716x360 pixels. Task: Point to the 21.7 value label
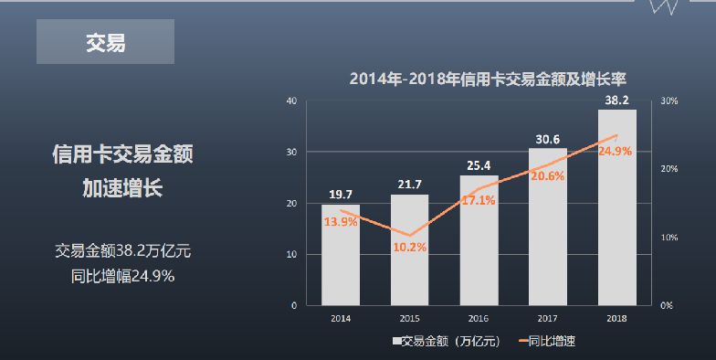(x=409, y=185)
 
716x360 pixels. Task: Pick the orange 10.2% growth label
(x=409, y=247)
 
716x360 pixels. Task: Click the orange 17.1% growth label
(x=479, y=200)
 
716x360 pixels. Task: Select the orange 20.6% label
(x=547, y=175)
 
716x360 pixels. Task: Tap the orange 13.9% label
(x=341, y=223)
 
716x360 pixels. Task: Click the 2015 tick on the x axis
(x=409, y=317)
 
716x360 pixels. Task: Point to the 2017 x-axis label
(x=547, y=317)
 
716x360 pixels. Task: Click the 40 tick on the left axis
(x=290, y=101)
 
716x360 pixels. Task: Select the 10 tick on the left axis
(x=290, y=254)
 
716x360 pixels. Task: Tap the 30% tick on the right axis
(x=669, y=101)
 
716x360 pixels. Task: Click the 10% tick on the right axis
(x=669, y=237)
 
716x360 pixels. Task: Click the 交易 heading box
(x=105, y=42)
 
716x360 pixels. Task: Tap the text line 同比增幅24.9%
(x=122, y=274)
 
